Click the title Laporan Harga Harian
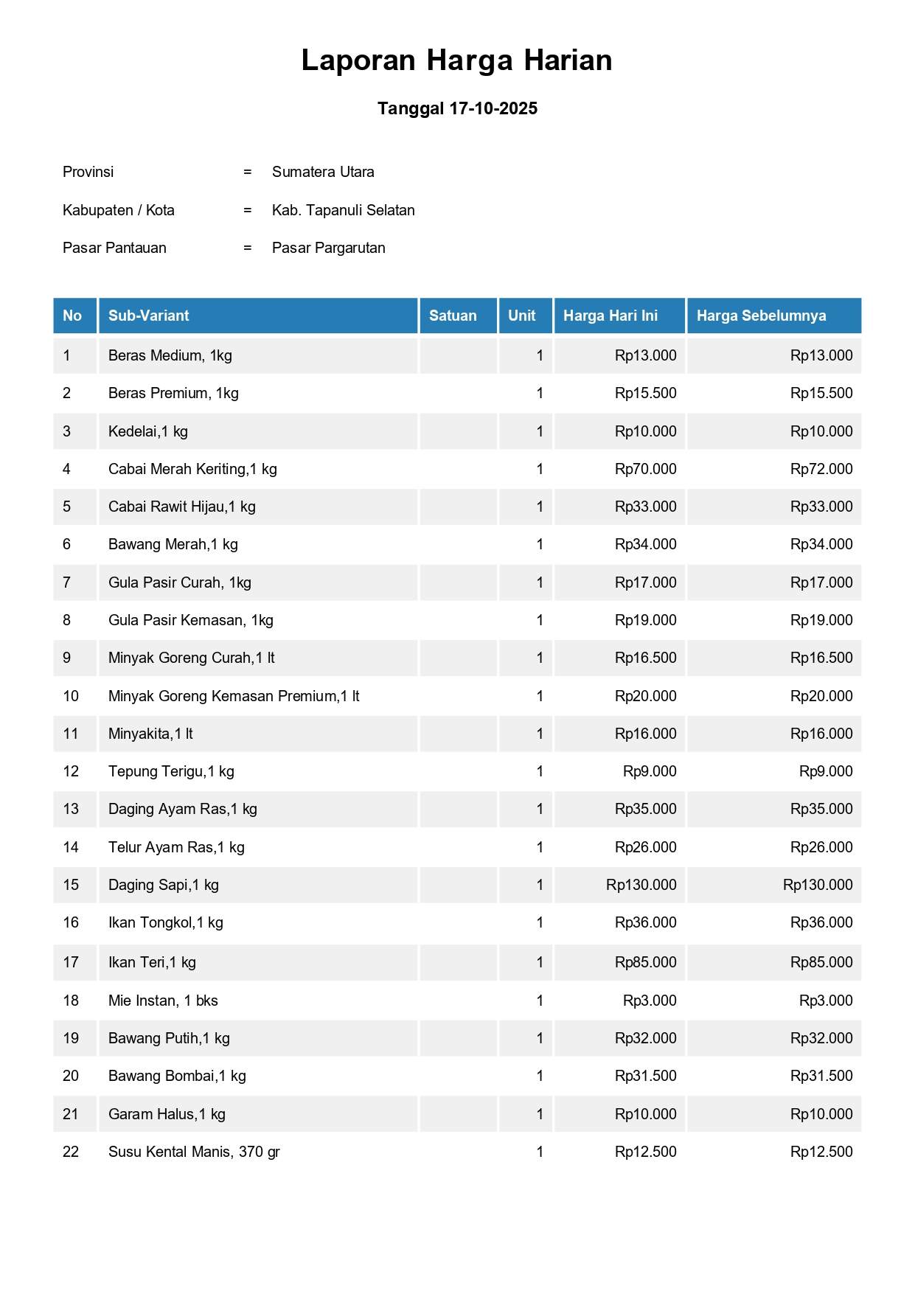click(x=456, y=60)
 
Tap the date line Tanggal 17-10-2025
click(x=457, y=108)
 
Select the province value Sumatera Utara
click(x=323, y=172)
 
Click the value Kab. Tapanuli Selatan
click(x=343, y=210)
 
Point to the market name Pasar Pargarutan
click(x=328, y=248)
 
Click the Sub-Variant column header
click(x=148, y=316)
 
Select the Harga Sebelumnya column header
click(x=761, y=316)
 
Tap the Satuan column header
click(x=453, y=316)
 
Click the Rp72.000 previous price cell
click(x=821, y=469)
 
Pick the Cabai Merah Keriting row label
click(x=192, y=469)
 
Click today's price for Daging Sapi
click(x=641, y=885)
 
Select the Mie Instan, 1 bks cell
click(x=163, y=1001)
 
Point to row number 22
click(x=71, y=1152)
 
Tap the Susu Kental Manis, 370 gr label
click(x=194, y=1152)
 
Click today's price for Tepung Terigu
click(x=649, y=771)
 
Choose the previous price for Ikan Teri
click(x=821, y=962)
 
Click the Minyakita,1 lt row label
click(x=150, y=734)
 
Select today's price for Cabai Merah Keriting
click(x=645, y=469)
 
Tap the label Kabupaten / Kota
click(x=119, y=210)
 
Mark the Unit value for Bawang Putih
click(x=540, y=1038)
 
